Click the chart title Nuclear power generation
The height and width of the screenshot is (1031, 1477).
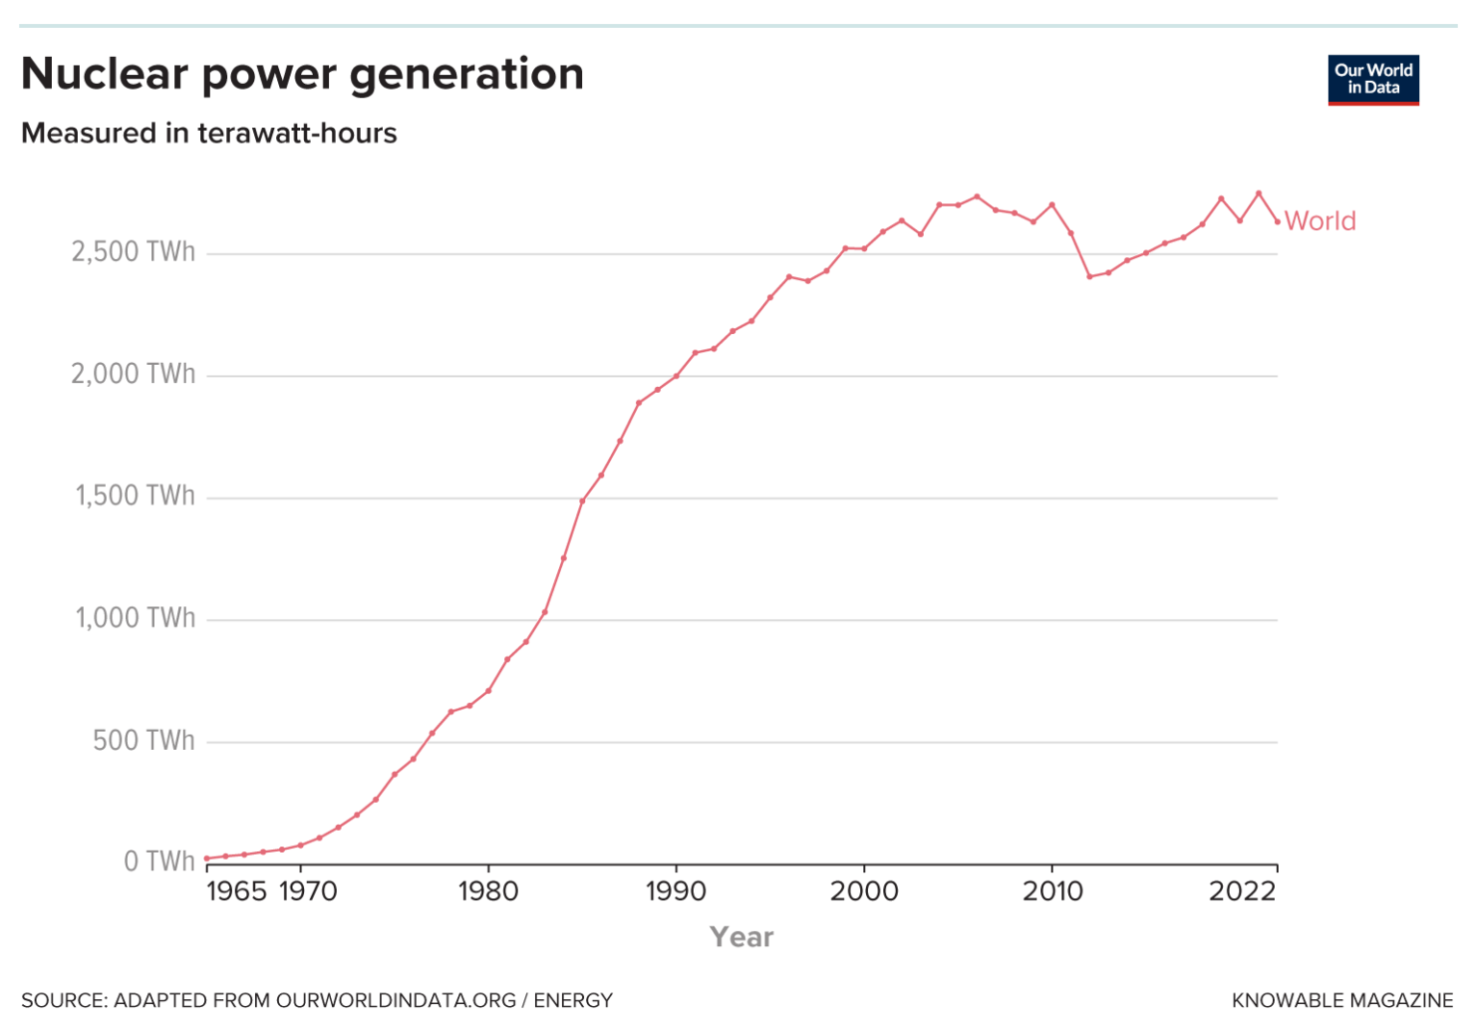click(302, 74)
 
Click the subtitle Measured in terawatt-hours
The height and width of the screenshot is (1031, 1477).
click(209, 133)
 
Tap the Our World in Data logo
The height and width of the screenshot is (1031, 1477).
click(1373, 80)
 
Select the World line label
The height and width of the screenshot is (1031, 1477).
click(1320, 221)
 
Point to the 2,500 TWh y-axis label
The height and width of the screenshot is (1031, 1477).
click(133, 252)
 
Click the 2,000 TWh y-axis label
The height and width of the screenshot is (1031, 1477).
click(133, 374)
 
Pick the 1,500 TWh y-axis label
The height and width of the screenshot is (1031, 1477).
click(135, 496)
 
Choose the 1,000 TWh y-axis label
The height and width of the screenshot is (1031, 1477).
click(135, 618)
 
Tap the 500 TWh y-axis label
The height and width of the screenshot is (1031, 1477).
click(143, 740)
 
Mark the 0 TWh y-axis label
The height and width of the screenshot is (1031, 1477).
click(159, 862)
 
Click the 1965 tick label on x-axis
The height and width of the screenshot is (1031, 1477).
click(236, 891)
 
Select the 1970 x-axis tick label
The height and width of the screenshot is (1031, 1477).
click(308, 891)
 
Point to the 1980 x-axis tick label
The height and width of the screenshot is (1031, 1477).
click(488, 891)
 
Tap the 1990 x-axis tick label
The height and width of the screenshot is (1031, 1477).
click(675, 891)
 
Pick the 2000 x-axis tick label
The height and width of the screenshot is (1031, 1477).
click(864, 891)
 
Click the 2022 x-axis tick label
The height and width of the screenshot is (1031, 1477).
click(1242, 891)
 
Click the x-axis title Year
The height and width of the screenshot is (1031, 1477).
click(741, 937)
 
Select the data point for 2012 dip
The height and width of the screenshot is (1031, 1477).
click(1089, 276)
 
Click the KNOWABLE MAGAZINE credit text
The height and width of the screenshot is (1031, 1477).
click(1342, 1000)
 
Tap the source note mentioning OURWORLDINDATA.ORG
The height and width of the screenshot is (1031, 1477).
click(317, 1000)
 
